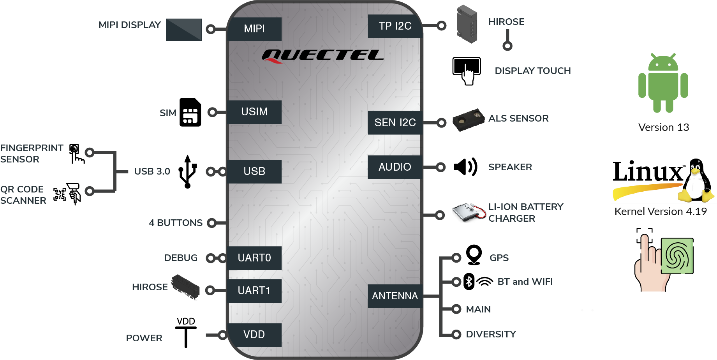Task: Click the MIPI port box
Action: (x=254, y=29)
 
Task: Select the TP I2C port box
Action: (x=395, y=26)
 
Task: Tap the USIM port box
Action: (x=254, y=112)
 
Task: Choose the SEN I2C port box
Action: (x=395, y=123)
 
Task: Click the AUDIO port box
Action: (x=395, y=167)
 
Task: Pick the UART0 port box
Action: (x=254, y=258)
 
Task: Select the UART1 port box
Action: (x=254, y=291)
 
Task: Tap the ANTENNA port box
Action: (x=395, y=296)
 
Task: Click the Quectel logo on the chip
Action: (x=323, y=56)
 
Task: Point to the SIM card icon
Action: (x=190, y=112)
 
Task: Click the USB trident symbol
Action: (x=188, y=171)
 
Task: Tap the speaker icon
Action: (x=465, y=167)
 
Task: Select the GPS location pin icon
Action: (x=474, y=255)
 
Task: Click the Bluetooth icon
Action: (x=469, y=282)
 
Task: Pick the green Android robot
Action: (x=663, y=83)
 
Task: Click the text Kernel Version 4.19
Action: (x=661, y=212)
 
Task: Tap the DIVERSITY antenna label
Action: (x=491, y=334)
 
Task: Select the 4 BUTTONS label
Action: (x=176, y=223)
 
